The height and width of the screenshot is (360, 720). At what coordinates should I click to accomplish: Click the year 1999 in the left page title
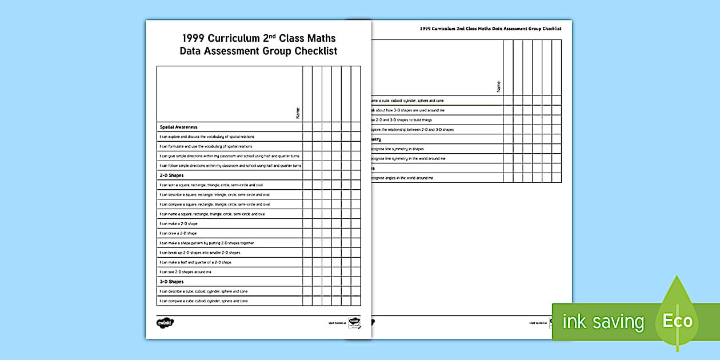tap(193, 38)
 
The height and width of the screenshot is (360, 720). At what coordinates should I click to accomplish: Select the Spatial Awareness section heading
tap(179, 127)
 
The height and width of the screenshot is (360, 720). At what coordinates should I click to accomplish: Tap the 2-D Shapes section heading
tap(172, 175)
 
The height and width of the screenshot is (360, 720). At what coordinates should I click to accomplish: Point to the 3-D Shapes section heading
tap(172, 282)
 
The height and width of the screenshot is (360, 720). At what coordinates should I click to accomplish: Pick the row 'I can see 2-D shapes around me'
tap(186, 272)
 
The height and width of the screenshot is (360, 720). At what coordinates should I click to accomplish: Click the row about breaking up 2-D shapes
tap(200, 253)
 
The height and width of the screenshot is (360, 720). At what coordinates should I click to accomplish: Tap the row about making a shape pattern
tap(207, 243)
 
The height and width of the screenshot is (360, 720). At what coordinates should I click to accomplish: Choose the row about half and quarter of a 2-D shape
tap(195, 262)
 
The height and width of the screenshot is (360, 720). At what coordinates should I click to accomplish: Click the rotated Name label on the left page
tap(298, 113)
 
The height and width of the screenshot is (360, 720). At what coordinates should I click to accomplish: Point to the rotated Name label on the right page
tap(498, 86)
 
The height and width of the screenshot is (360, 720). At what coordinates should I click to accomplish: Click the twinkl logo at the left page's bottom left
tap(165, 323)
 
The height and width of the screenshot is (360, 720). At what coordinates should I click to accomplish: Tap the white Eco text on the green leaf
tap(677, 321)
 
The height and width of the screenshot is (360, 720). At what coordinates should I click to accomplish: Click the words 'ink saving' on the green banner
tap(603, 322)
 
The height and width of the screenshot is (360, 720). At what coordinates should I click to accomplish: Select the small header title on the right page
tap(490, 28)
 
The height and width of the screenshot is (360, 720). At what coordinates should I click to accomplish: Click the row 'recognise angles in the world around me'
tap(403, 178)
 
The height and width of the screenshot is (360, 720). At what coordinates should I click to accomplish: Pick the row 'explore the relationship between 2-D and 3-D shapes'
tap(413, 130)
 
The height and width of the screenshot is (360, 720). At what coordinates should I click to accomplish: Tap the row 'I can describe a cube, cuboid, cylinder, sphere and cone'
tap(203, 291)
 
